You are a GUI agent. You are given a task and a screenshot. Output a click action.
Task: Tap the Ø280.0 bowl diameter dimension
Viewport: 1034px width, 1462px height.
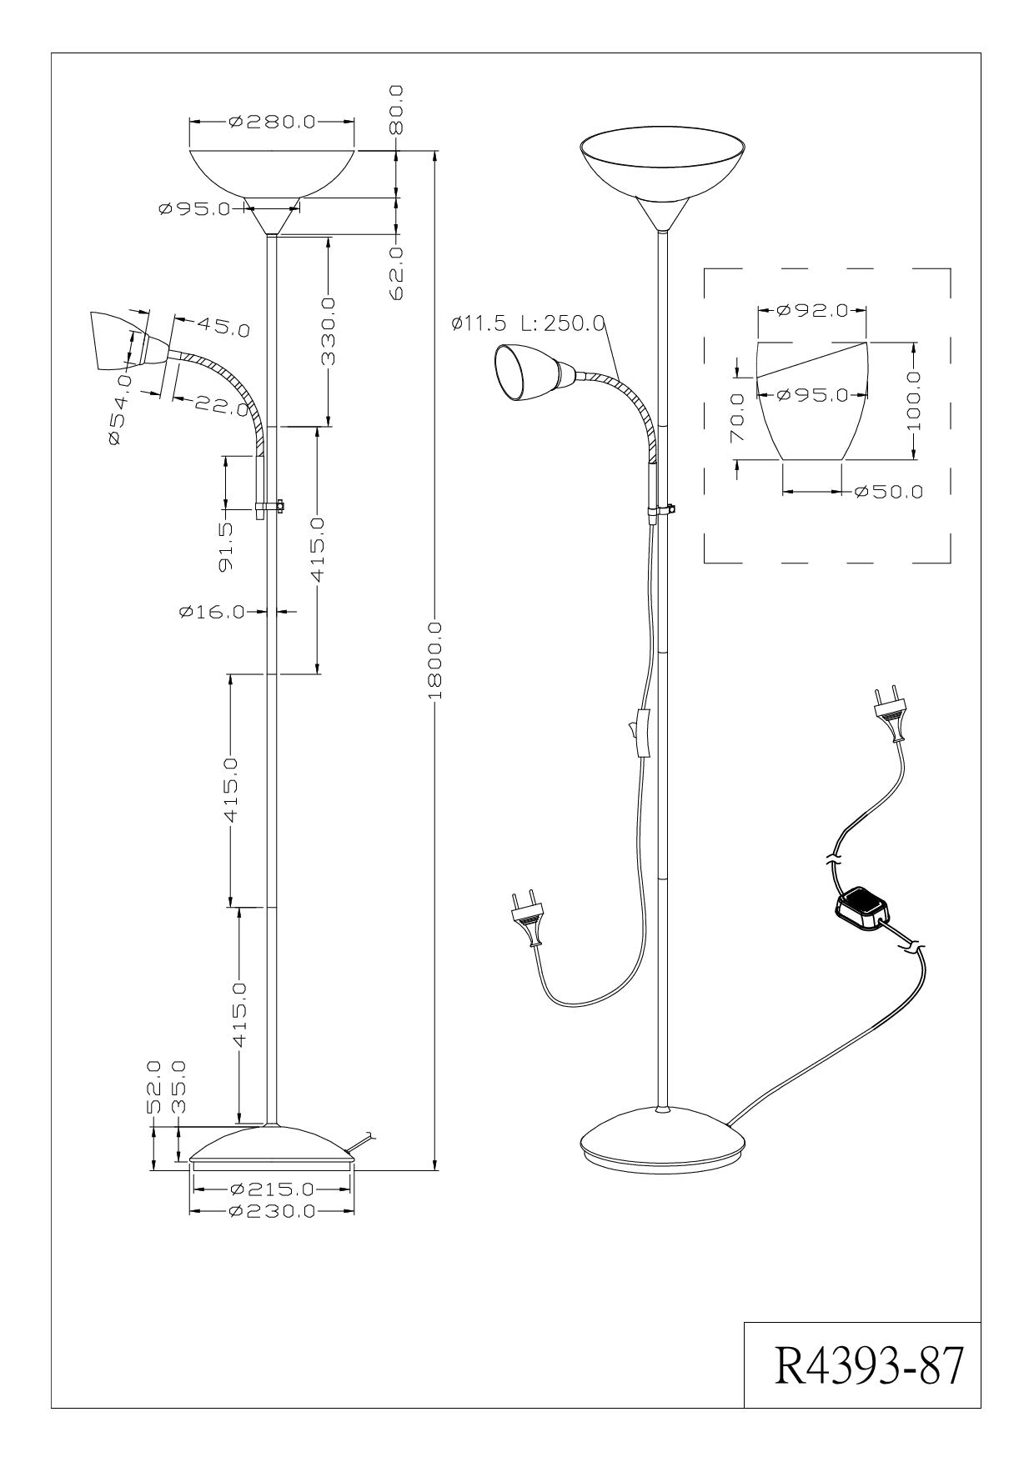click(271, 122)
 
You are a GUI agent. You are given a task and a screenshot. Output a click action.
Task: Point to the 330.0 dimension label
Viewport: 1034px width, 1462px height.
click(329, 332)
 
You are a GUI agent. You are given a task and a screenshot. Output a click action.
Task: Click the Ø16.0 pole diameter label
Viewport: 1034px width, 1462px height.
click(212, 613)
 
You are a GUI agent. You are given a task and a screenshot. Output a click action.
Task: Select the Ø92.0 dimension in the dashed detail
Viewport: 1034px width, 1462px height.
click(811, 311)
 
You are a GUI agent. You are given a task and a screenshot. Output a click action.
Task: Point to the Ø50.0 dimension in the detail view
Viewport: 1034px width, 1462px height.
click(891, 492)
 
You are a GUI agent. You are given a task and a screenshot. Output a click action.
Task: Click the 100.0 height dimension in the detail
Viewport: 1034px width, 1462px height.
click(916, 401)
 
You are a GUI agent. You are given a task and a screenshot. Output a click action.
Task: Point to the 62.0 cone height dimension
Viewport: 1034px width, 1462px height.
click(397, 272)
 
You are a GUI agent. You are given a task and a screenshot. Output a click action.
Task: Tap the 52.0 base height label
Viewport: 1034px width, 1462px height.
click(153, 1087)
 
